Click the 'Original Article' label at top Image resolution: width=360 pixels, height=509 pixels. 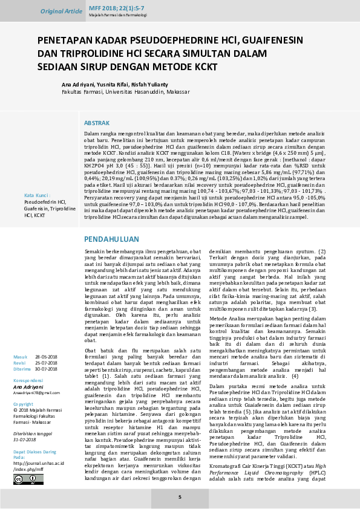(x=61, y=11)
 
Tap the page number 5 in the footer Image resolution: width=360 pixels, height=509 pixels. (x=180, y=497)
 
